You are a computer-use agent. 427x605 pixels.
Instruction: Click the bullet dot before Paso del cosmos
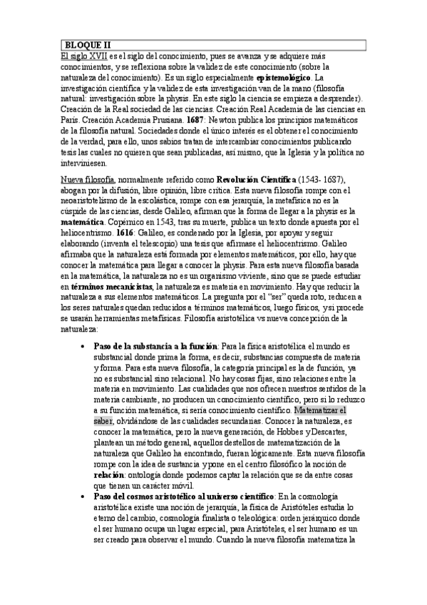pyautogui.click(x=86, y=516)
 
